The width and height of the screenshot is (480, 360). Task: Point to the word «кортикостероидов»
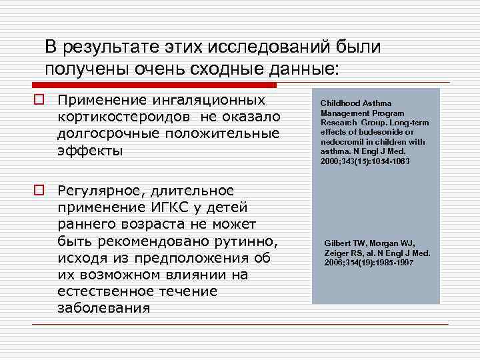(x=117, y=117)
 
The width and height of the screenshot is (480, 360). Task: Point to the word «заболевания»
(x=103, y=307)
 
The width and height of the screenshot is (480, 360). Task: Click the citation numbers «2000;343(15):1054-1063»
(x=365, y=161)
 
